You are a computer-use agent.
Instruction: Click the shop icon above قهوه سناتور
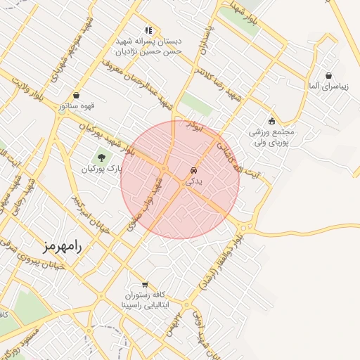pos(76,96)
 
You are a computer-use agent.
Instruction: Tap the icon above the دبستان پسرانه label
pos(148,30)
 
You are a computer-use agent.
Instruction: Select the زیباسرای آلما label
pos(328,86)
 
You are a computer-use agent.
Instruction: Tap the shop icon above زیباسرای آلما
pos(328,75)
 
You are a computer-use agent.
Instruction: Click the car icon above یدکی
pos(193,171)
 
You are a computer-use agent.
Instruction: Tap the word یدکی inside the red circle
pos(193,181)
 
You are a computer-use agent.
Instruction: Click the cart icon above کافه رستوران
pos(145,285)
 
